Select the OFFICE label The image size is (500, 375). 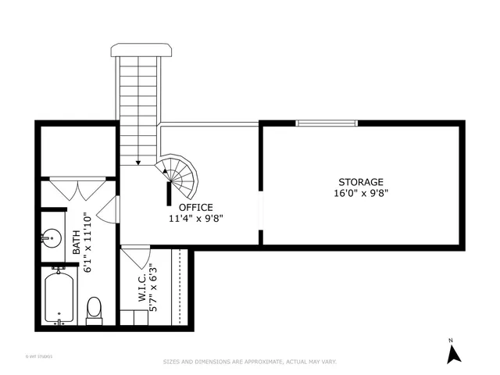(195, 207)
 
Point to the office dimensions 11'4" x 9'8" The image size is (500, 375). (195, 219)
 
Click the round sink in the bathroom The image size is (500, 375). (52, 237)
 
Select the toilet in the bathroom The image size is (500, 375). (94, 309)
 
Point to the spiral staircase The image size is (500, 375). (181, 177)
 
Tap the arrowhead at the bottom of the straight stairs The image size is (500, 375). (138, 162)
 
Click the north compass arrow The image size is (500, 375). (451, 355)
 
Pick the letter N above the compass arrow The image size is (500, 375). (451, 341)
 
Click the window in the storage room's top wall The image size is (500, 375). (327, 123)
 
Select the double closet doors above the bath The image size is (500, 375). (77, 187)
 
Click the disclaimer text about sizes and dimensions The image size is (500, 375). (249, 362)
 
